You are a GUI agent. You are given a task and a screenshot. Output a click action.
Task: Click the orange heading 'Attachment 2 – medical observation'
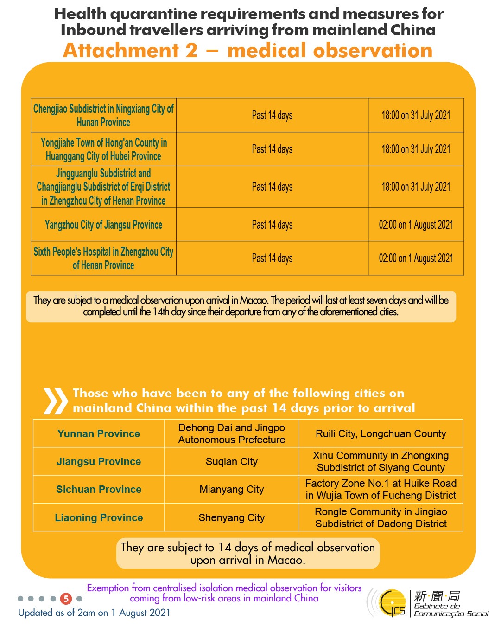click(x=247, y=51)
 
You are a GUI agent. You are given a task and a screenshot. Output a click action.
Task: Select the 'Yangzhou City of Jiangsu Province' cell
click(x=103, y=225)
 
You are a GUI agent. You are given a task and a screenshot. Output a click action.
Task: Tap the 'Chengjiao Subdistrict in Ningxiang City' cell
click(x=103, y=115)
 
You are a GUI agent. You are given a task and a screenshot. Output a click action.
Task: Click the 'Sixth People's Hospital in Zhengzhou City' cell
click(x=103, y=258)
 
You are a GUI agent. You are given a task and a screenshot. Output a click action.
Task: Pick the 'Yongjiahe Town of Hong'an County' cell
click(x=103, y=149)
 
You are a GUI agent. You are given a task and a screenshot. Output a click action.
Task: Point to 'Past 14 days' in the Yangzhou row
click(x=272, y=225)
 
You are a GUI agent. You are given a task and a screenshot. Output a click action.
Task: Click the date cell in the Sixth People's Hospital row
click(x=416, y=258)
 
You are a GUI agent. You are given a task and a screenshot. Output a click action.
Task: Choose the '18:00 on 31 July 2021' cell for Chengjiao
click(x=416, y=115)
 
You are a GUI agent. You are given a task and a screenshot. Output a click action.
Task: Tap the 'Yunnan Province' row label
click(x=99, y=433)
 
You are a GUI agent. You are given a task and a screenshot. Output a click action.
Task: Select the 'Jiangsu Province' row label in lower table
click(x=99, y=461)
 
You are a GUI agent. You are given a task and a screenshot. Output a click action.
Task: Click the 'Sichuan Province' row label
click(x=99, y=489)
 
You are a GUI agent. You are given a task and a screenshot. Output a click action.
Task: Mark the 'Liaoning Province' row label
click(x=99, y=517)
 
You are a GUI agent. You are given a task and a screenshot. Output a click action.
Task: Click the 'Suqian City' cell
click(x=231, y=461)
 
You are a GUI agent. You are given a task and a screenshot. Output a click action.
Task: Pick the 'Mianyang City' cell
click(x=231, y=489)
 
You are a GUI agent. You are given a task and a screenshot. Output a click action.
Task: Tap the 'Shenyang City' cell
click(x=231, y=517)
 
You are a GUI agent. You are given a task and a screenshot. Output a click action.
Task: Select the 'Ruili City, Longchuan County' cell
click(x=381, y=433)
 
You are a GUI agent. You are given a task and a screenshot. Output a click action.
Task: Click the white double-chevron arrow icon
click(x=55, y=401)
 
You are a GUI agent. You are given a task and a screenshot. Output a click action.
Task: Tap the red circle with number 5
click(x=66, y=599)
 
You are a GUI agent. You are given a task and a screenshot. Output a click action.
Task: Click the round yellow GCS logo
click(x=392, y=603)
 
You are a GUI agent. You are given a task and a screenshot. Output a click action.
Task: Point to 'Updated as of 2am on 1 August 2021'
click(x=94, y=613)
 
